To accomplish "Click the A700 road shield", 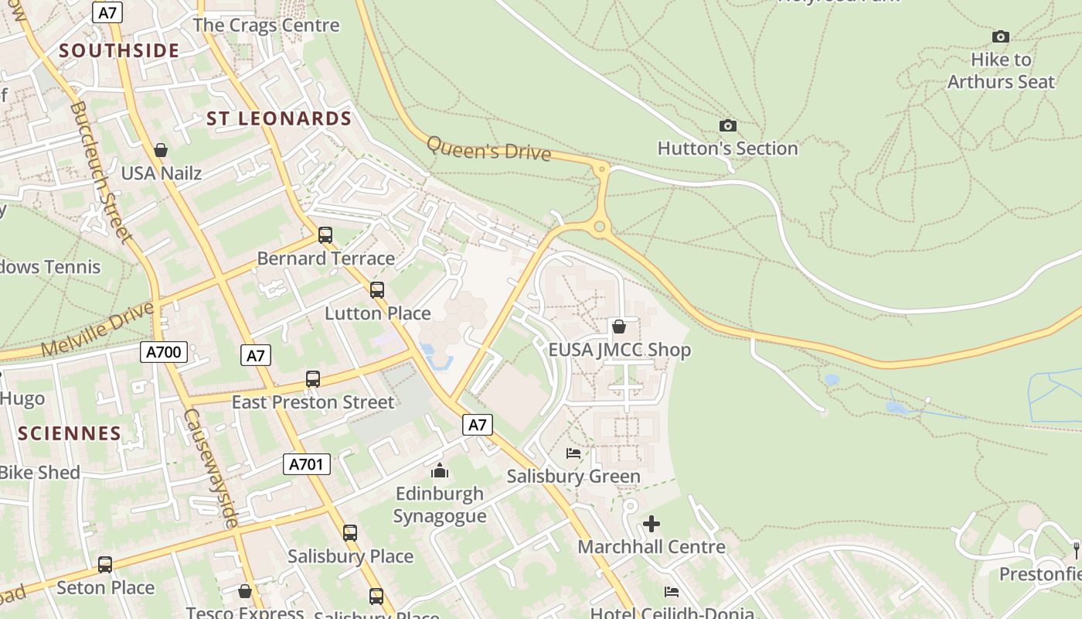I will pyautogui.click(x=164, y=353).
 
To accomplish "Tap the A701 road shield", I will pyautogui.click(x=306, y=464).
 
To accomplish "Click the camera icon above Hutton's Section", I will pyautogui.click(x=727, y=125).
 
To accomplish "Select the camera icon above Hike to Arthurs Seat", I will pyautogui.click(x=1000, y=36).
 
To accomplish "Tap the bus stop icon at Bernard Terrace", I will pyautogui.click(x=325, y=235).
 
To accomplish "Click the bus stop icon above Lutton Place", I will pyautogui.click(x=377, y=290).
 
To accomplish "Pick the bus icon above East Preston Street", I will pyautogui.click(x=313, y=379).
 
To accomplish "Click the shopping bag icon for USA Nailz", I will pyautogui.click(x=161, y=150).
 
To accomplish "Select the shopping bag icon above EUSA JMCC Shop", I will pyautogui.click(x=619, y=327).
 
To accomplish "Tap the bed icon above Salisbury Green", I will pyautogui.click(x=573, y=453).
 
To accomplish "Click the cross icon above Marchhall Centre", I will pyautogui.click(x=652, y=524).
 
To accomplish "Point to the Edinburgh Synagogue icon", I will pyautogui.click(x=440, y=470).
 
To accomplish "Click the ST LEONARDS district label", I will pyautogui.click(x=279, y=118).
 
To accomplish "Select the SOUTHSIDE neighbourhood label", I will pyautogui.click(x=119, y=51).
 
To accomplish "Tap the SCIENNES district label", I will pyautogui.click(x=70, y=433).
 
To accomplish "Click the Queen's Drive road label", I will pyautogui.click(x=488, y=148).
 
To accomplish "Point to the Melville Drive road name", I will pyautogui.click(x=97, y=330).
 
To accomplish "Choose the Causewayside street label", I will pyautogui.click(x=209, y=468).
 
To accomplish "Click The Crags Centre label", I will pyautogui.click(x=266, y=25).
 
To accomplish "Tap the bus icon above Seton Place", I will pyautogui.click(x=105, y=565).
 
